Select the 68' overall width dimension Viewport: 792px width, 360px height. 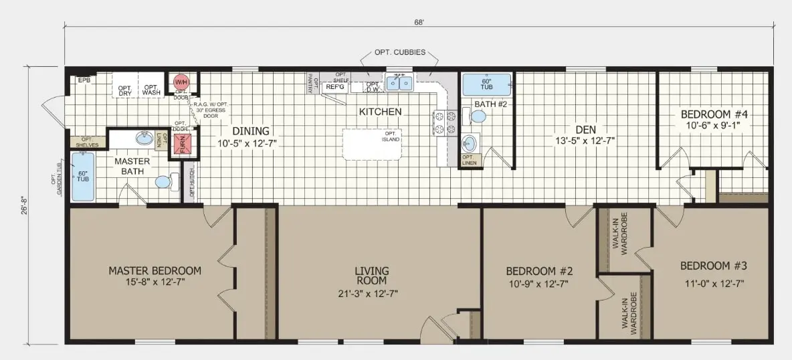pos(419,21)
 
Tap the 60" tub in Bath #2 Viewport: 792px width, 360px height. pos(487,85)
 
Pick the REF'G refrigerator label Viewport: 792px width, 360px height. pos(334,86)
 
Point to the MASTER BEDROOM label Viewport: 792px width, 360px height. pos(155,271)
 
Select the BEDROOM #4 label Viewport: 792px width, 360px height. pos(714,114)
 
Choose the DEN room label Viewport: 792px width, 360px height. pos(580,129)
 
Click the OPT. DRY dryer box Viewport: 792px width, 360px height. pos(125,90)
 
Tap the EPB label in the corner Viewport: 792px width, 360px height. pos(84,80)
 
